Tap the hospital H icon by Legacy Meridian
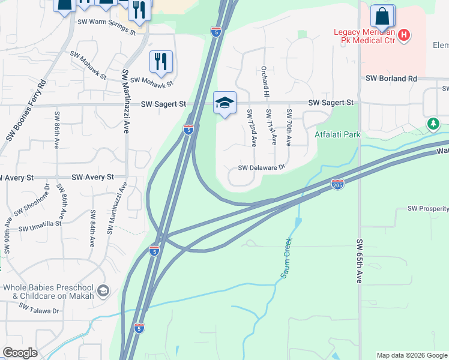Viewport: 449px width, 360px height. [405, 35]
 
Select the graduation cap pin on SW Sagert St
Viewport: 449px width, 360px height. [224, 103]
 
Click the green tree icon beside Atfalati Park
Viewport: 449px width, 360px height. [433, 124]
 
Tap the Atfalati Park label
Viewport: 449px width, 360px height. [337, 135]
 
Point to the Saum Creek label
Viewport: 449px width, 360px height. [286, 258]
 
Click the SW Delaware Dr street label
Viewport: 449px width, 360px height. [261, 169]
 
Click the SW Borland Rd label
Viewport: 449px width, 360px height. [391, 79]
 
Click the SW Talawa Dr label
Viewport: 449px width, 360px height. [39, 308]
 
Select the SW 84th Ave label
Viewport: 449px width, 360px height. [93, 229]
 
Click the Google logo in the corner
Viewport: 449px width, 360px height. [20, 353]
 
